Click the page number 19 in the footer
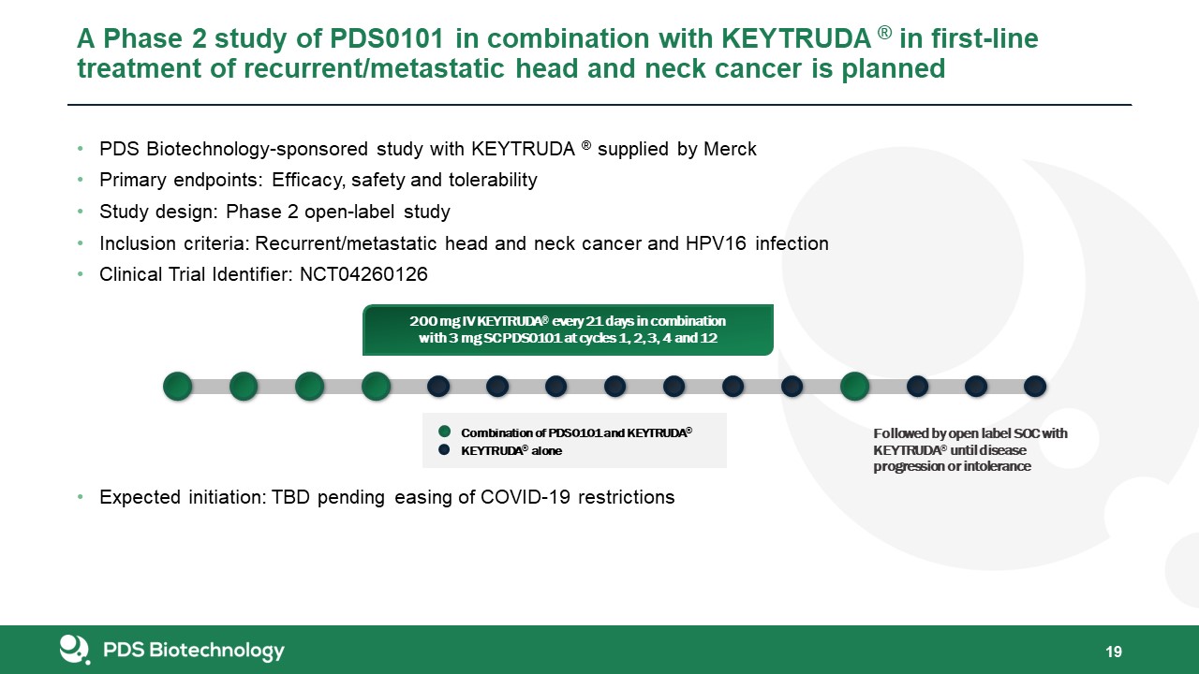(1114, 652)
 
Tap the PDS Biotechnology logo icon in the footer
(74, 650)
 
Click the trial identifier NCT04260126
(363, 274)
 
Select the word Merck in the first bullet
(730, 149)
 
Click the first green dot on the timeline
(178, 387)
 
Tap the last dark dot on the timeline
(1035, 387)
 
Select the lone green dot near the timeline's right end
(854, 387)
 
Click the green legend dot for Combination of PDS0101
(444, 432)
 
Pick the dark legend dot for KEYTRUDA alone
(444, 449)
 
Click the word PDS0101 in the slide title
(387, 38)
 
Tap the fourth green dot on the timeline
(376, 387)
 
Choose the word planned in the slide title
(894, 69)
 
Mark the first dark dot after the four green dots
(438, 387)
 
